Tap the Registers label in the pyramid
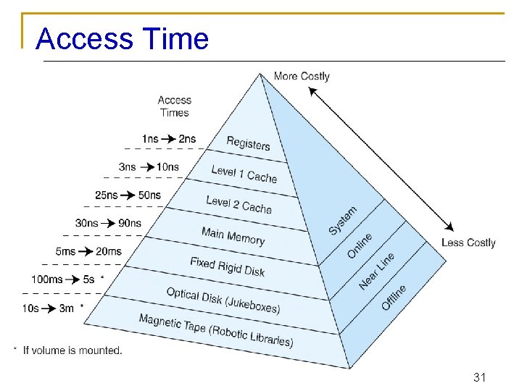pos(248,143)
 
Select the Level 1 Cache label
pos(244,174)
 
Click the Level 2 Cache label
pos(239,204)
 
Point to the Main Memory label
pos(233,236)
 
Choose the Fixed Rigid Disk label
pos(227,266)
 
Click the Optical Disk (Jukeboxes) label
pos(223,300)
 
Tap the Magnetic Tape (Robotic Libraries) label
pos(215,330)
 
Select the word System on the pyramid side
pos(343,220)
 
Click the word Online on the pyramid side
pos(360,245)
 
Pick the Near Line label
pos(377,271)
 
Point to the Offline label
pos(394,297)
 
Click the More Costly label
pos(302,76)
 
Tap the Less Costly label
pos(468,243)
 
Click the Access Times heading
pos(175,106)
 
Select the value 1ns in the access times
pos(150,139)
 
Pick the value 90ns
pos(130,223)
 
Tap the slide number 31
pos(479,377)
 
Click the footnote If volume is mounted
pos(72,350)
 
